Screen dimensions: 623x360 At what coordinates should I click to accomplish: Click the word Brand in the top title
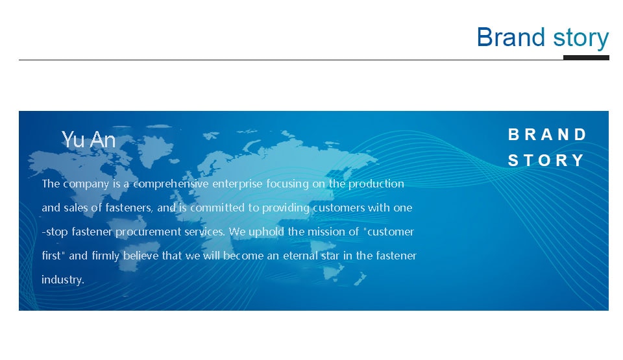tap(511, 37)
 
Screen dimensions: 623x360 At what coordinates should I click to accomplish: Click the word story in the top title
tap(581, 38)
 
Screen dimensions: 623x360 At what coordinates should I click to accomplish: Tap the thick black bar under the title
tap(586, 58)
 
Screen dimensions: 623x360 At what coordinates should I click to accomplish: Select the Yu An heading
tap(88, 139)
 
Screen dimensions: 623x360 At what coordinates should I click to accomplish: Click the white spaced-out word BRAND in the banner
tap(546, 134)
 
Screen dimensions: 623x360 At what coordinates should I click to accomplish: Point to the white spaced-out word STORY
tap(546, 160)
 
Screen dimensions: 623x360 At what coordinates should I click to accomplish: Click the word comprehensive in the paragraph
tap(171, 184)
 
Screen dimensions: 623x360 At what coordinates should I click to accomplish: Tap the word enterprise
tap(238, 184)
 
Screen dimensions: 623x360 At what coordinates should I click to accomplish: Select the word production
tap(376, 184)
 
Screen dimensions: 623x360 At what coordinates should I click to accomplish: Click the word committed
tap(217, 208)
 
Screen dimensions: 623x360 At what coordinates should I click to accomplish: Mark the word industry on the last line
tap(63, 280)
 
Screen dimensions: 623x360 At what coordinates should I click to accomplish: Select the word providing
tap(286, 208)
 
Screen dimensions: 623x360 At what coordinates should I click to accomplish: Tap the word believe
tap(141, 255)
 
